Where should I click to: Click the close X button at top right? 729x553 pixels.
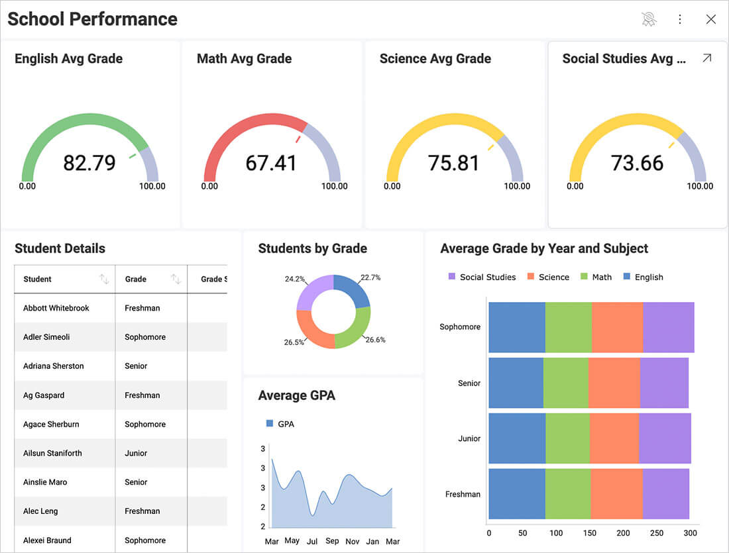[x=711, y=19]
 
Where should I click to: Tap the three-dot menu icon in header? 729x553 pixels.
[x=679, y=19]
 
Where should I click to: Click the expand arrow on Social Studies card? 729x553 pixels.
[x=706, y=58]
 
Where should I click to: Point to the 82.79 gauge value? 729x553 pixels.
[x=89, y=163]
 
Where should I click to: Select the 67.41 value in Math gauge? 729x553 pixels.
[x=271, y=163]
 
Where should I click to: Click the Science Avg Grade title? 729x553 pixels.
[x=435, y=58]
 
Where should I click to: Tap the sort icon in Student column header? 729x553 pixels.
[x=104, y=279]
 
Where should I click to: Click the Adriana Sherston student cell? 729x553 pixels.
[x=54, y=366]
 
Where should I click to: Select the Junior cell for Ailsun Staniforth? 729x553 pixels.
[x=136, y=453]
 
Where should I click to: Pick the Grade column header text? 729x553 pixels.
[x=136, y=279]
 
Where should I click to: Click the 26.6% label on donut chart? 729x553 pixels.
[x=375, y=340]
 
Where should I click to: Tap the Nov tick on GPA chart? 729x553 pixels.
[x=352, y=540]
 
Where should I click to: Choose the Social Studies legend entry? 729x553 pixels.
[x=482, y=277]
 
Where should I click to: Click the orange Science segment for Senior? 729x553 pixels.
[x=614, y=383]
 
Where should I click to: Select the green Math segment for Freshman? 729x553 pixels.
[x=568, y=494]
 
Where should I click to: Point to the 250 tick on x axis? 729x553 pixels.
[x=657, y=533]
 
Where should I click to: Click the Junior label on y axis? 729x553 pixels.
[x=469, y=438]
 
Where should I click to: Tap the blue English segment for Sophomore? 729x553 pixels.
[x=517, y=327]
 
